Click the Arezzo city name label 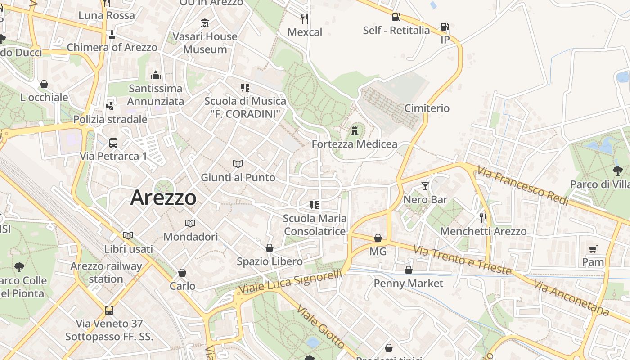tap(163, 198)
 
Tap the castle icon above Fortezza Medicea tap(355, 131)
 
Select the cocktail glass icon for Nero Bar tap(425, 186)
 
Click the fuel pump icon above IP tap(445, 27)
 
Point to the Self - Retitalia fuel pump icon tap(396, 17)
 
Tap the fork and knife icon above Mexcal tap(305, 18)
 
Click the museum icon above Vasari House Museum tap(205, 23)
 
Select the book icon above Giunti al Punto tap(238, 164)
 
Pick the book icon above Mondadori tap(190, 223)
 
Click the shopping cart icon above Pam tap(593, 249)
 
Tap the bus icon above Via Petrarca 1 tap(113, 143)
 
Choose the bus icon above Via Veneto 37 tap(109, 310)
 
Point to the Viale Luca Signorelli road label tap(290, 283)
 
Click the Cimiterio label tap(427, 108)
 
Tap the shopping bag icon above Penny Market tap(408, 270)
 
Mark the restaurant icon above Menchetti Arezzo tap(483, 218)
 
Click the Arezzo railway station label tap(106, 272)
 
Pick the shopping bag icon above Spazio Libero tap(269, 248)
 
